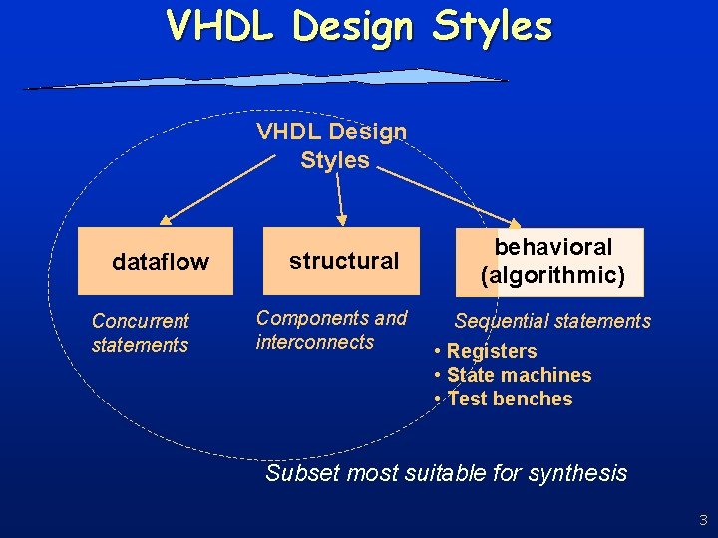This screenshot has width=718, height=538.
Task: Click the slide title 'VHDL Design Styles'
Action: point(359,26)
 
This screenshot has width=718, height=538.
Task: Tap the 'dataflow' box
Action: point(160,262)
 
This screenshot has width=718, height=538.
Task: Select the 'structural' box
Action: point(344,261)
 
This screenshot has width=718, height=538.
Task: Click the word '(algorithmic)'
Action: point(552,275)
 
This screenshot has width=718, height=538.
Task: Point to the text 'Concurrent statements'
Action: point(140,333)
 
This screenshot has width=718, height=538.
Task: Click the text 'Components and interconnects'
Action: point(331,330)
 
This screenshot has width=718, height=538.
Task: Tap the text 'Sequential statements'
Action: point(552,321)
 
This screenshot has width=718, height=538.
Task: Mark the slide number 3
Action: point(703,519)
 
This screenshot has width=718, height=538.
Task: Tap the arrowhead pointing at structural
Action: point(342,219)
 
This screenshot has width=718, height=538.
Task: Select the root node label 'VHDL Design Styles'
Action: point(333,145)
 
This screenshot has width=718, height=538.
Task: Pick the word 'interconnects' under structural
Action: point(315,342)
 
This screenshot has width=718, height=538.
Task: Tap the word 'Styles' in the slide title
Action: point(492,26)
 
